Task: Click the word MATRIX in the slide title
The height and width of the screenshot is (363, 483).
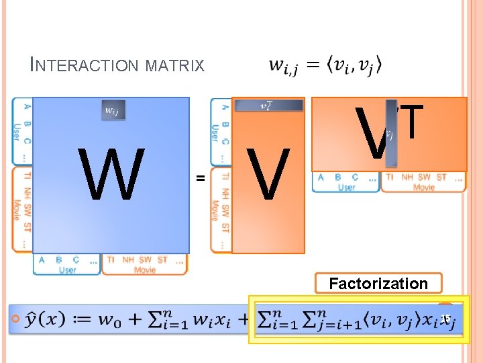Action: coord(179,65)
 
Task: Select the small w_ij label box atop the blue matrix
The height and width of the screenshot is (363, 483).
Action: coord(113,110)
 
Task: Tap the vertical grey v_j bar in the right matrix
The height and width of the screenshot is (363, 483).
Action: coord(391,133)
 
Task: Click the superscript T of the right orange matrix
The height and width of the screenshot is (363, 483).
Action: coord(411,121)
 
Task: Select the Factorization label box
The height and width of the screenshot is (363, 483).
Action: coord(378,283)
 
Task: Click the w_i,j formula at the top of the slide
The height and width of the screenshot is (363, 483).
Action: coord(325,65)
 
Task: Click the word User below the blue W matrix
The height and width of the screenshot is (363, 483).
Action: coord(68,270)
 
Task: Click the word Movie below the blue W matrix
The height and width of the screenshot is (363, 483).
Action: coord(144,270)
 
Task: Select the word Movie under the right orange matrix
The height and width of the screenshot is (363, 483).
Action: coord(423,187)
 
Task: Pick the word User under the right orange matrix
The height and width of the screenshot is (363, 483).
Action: coord(346,187)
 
